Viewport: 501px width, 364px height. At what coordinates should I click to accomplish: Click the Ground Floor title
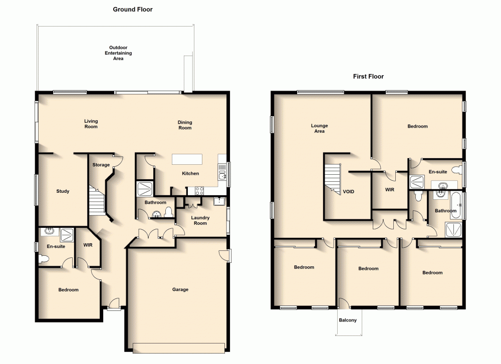[133, 9]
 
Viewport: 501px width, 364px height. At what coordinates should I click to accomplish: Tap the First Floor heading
[368, 77]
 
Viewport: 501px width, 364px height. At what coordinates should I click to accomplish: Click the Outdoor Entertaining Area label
[118, 53]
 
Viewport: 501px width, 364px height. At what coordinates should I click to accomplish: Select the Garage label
[180, 289]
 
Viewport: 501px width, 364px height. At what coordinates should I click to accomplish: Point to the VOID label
[348, 191]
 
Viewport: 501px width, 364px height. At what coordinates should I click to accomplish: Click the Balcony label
[348, 320]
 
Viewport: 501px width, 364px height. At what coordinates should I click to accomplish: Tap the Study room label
[63, 191]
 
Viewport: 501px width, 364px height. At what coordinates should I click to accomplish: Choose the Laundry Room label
[200, 220]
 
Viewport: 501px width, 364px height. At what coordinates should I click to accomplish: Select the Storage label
[101, 165]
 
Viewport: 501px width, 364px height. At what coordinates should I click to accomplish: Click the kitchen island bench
[187, 159]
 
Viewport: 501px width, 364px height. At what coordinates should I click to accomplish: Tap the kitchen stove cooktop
[199, 190]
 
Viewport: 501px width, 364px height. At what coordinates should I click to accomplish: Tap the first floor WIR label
[389, 190]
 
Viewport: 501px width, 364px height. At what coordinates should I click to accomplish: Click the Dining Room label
[185, 125]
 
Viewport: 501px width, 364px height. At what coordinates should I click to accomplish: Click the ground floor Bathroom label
[155, 202]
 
